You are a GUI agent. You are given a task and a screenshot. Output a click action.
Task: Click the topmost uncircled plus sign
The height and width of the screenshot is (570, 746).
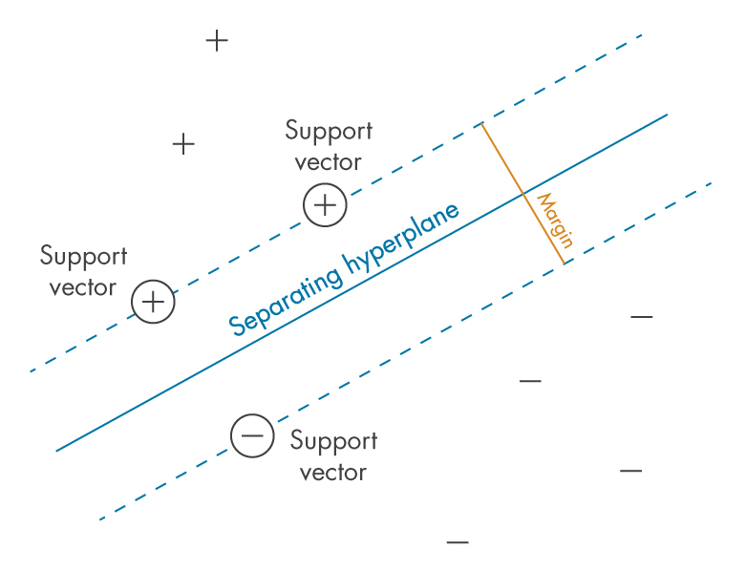pyautogui.click(x=218, y=41)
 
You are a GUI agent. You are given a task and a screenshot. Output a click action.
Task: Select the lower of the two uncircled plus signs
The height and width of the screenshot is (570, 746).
pyautogui.click(x=183, y=144)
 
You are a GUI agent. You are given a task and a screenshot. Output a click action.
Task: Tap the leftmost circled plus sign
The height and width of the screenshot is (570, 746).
pyautogui.click(x=153, y=302)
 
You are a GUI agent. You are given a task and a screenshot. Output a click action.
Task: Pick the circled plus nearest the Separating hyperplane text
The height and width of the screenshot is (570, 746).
pyautogui.click(x=325, y=205)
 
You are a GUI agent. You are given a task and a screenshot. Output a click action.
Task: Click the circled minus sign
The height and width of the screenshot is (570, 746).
pyautogui.click(x=252, y=436)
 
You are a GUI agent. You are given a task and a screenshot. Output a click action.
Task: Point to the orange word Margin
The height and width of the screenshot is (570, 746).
pyautogui.click(x=554, y=221)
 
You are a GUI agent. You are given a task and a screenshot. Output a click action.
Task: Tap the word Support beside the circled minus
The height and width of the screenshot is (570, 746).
pyautogui.click(x=333, y=441)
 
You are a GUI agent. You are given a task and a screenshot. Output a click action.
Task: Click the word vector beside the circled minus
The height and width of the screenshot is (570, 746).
pyautogui.click(x=333, y=472)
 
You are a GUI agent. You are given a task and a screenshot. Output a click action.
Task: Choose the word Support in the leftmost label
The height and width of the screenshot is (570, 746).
pyautogui.click(x=83, y=257)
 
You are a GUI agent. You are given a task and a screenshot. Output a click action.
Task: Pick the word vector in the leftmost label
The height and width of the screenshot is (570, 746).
pyautogui.click(x=83, y=287)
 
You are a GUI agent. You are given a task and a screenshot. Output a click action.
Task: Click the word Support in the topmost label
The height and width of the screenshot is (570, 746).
pyautogui.click(x=329, y=131)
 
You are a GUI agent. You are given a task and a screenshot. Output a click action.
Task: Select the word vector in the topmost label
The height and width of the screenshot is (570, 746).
pyautogui.click(x=329, y=161)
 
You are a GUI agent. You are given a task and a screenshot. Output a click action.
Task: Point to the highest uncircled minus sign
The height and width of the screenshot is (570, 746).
pyautogui.click(x=641, y=316)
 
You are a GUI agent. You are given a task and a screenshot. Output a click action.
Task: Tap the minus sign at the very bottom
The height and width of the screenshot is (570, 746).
pyautogui.click(x=458, y=542)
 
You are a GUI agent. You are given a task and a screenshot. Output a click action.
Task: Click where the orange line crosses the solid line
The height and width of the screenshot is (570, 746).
pyautogui.click(x=522, y=194)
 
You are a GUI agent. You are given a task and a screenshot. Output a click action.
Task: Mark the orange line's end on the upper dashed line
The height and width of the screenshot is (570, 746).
pyautogui.click(x=481, y=124)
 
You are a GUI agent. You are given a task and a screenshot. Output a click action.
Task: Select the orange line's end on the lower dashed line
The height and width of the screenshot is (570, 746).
pyautogui.click(x=564, y=264)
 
